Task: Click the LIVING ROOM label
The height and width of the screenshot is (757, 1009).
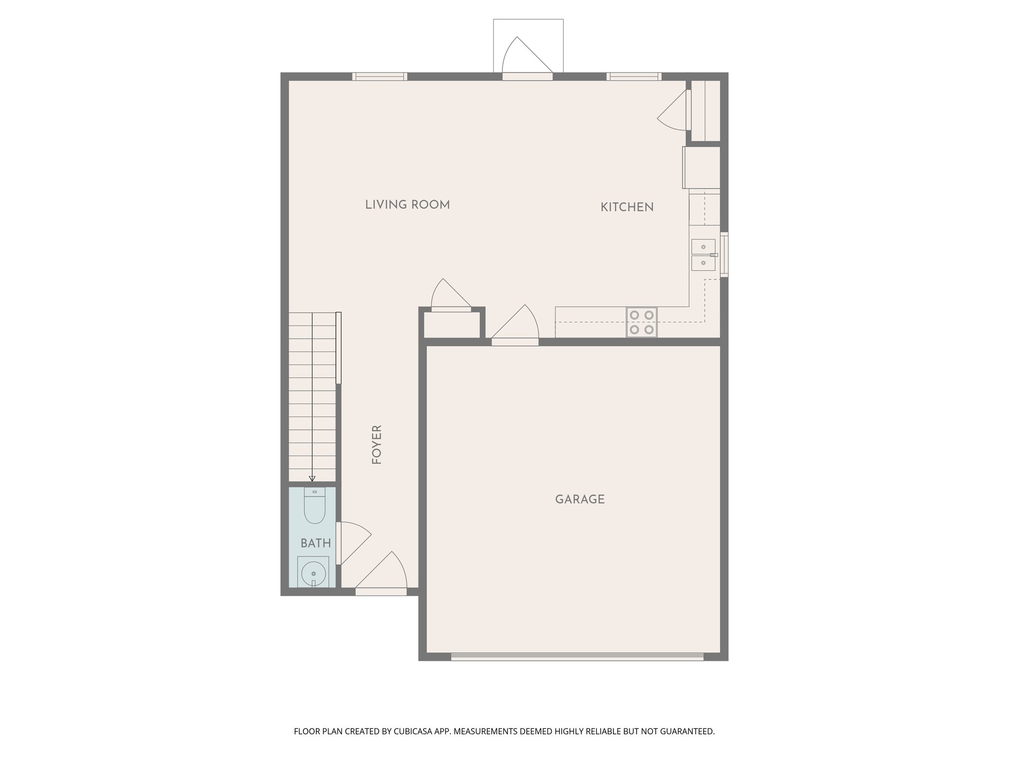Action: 407,205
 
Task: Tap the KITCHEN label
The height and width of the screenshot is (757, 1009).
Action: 627,207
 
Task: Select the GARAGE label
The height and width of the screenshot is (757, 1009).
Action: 580,499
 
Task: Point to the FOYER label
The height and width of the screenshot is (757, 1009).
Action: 377,445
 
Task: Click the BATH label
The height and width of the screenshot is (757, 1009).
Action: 315,543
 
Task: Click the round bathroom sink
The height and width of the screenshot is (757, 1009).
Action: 313,573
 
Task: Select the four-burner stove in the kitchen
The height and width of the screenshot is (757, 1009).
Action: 641,322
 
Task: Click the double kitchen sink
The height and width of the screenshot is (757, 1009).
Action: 703,255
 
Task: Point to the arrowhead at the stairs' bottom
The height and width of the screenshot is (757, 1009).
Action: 312,479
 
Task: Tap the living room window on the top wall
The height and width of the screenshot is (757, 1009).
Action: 379,76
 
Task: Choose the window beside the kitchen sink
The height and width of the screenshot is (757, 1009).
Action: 724,254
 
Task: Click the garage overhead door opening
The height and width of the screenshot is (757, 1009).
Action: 577,656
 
